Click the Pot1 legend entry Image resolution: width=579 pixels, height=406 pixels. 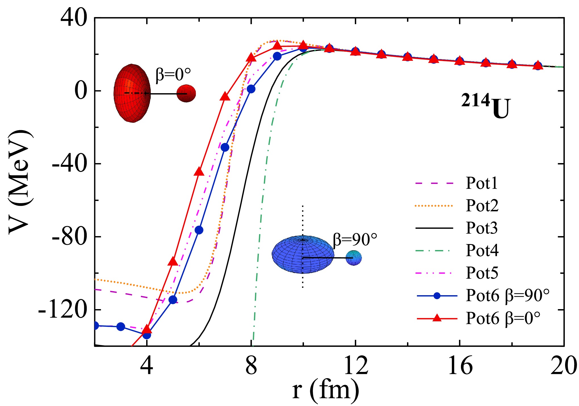(482, 183)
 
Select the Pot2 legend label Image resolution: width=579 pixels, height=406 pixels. (482, 205)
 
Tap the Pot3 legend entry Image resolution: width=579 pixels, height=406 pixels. (482, 228)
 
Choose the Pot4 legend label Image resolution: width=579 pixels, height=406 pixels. (482, 250)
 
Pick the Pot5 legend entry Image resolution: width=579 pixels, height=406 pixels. (482, 273)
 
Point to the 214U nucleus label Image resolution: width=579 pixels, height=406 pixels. (486, 106)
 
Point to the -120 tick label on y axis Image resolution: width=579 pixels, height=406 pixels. (62, 310)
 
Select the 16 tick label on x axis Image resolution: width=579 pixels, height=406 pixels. (460, 366)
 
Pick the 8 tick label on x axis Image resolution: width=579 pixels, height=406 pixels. (251, 366)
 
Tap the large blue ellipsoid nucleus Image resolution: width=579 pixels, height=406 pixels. (303, 254)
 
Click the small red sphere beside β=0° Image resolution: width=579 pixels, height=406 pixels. (186, 93)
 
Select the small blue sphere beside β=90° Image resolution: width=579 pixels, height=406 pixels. (354, 258)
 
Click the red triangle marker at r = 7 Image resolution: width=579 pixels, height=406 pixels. (225, 97)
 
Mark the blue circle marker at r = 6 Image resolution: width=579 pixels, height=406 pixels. (199, 230)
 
